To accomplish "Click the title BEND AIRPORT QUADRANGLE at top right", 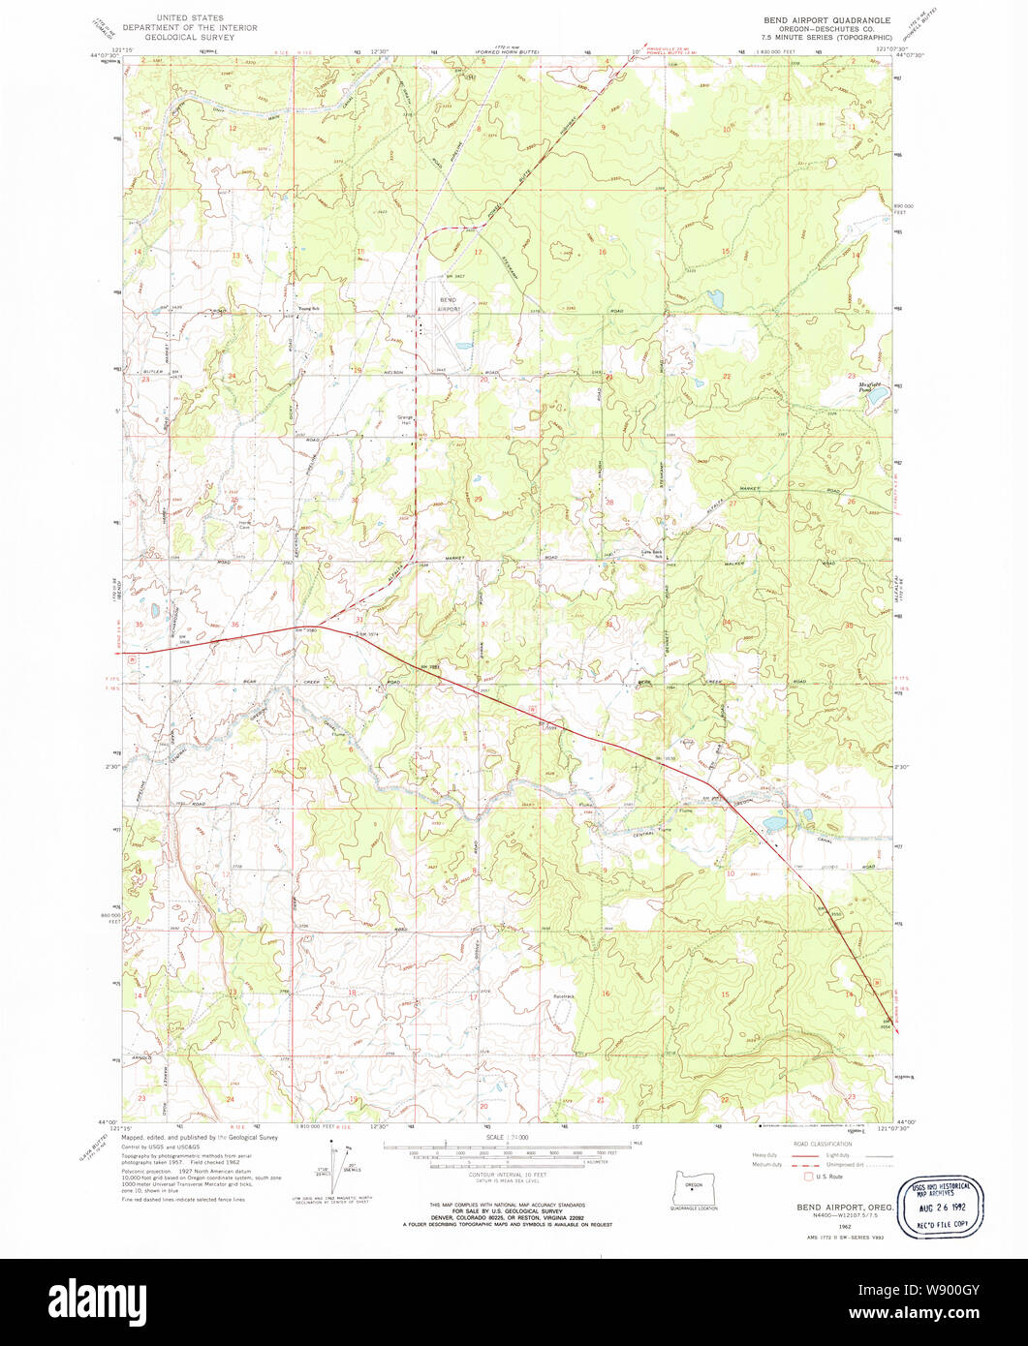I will click(x=825, y=18).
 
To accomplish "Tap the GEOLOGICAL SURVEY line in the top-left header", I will click(x=190, y=38).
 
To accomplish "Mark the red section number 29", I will click(x=479, y=498).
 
